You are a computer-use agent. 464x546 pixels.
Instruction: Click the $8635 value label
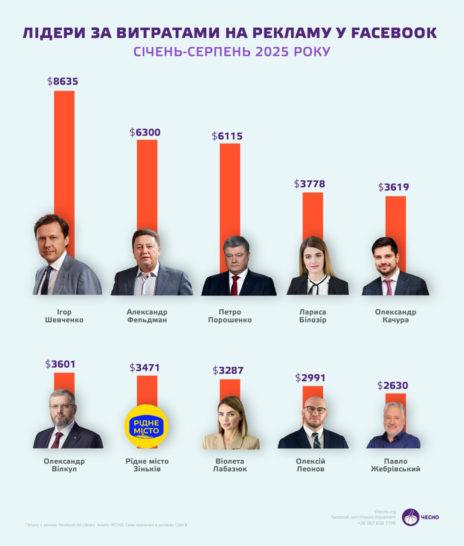(63, 81)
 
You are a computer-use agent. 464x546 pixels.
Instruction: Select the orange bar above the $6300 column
(147, 183)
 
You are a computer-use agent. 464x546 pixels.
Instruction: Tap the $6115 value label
(227, 136)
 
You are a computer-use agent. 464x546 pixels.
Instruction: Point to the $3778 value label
(310, 184)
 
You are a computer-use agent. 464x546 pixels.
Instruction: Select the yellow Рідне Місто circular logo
(146, 426)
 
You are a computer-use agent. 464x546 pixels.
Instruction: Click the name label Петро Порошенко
(230, 316)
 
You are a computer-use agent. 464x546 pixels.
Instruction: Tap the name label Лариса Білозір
(313, 316)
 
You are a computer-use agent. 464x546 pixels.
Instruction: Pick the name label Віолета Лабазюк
(230, 465)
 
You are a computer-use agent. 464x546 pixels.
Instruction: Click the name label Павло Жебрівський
(395, 465)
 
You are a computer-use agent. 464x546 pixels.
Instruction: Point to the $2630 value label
(393, 386)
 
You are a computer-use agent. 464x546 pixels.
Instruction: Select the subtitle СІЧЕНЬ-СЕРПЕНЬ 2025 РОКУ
(232, 52)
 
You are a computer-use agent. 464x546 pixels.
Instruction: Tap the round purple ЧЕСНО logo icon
(410, 517)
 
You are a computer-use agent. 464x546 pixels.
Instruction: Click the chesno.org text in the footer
(385, 511)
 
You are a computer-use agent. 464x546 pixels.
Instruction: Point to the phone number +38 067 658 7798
(377, 523)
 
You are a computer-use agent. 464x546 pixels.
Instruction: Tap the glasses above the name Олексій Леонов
(315, 409)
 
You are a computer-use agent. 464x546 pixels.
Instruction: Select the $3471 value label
(145, 367)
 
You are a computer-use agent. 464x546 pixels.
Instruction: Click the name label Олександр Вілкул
(64, 465)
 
